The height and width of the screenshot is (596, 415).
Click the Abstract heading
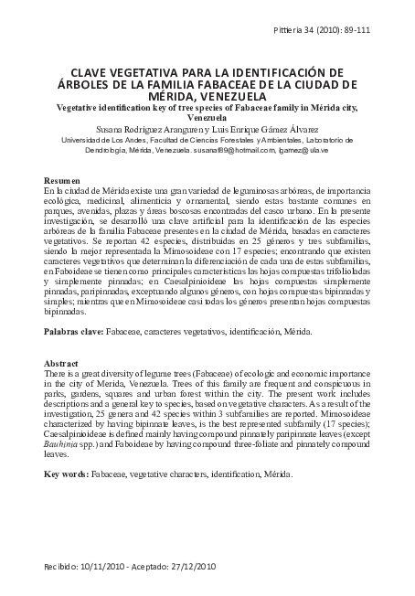(x=62, y=363)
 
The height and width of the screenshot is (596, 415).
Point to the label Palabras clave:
(x=74, y=332)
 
